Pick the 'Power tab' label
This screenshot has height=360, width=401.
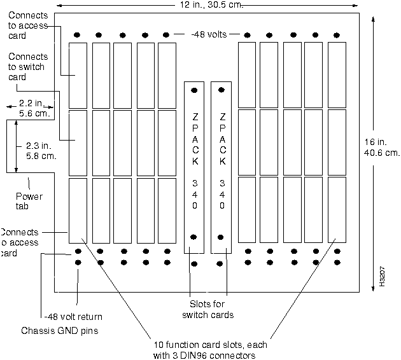[x=29, y=201]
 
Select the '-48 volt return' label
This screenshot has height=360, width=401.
[x=73, y=316]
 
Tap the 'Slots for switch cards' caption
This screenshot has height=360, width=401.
[x=207, y=309]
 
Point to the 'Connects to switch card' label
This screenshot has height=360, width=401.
[x=27, y=66]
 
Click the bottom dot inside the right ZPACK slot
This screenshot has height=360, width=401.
[x=221, y=237]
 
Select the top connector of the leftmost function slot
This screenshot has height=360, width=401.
[x=78, y=76]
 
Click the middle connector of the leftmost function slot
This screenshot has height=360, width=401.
[x=78, y=143]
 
